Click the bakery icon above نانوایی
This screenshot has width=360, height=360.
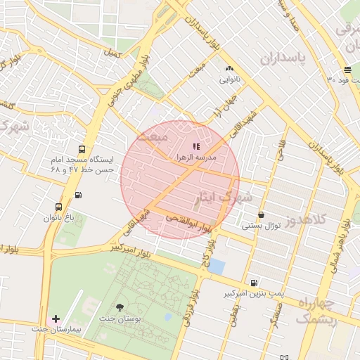tap(229, 69)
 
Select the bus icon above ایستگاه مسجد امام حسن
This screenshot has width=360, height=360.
tap(82, 149)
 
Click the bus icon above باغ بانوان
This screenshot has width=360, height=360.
tap(58, 207)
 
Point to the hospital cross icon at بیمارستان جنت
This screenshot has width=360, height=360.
tap(56, 319)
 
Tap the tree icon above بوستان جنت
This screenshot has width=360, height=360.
tap(119, 307)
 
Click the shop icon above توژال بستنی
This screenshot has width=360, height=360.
tap(262, 215)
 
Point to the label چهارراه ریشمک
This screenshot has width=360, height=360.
tap(318, 310)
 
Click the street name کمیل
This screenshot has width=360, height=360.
tap(112, 53)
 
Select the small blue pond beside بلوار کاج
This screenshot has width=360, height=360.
tap(217, 266)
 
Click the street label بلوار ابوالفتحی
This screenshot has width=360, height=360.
tap(186, 224)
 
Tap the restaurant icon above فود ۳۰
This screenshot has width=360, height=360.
tap(348, 69)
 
